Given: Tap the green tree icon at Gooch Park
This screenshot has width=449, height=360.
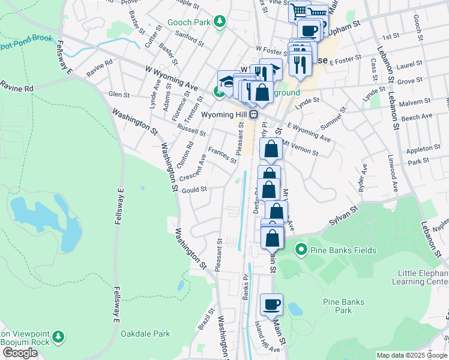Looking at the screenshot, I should [x=220, y=22].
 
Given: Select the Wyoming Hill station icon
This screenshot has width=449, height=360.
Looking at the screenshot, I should [x=254, y=114].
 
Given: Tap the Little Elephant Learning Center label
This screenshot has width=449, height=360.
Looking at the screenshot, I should [x=420, y=277].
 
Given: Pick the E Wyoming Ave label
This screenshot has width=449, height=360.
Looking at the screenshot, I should [x=309, y=133].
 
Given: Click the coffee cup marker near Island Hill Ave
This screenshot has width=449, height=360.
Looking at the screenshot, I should [x=271, y=304].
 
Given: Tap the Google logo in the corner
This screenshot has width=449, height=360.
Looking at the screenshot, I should [x=20, y=353].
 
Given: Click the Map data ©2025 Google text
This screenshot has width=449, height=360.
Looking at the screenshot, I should [x=411, y=355].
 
